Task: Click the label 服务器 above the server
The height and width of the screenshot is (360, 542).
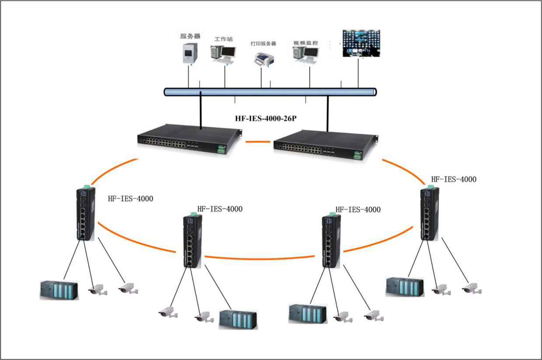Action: tap(190, 36)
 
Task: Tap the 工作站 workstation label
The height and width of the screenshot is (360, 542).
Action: tap(223, 39)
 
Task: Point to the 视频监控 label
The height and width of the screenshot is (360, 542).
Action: tap(306, 43)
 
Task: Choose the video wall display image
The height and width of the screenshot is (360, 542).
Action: tap(361, 43)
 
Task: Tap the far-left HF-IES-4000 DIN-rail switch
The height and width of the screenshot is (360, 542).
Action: tap(85, 214)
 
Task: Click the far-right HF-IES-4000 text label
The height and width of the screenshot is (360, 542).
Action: tap(454, 179)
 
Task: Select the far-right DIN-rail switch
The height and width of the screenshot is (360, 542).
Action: tap(429, 214)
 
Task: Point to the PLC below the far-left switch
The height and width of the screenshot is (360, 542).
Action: tap(59, 290)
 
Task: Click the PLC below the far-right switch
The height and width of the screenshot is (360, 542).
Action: tap(405, 287)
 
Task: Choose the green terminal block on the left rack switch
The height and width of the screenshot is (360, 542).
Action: tap(220, 150)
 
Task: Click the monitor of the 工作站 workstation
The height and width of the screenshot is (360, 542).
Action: tap(227, 52)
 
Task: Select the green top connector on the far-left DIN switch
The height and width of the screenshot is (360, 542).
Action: tap(87, 187)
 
